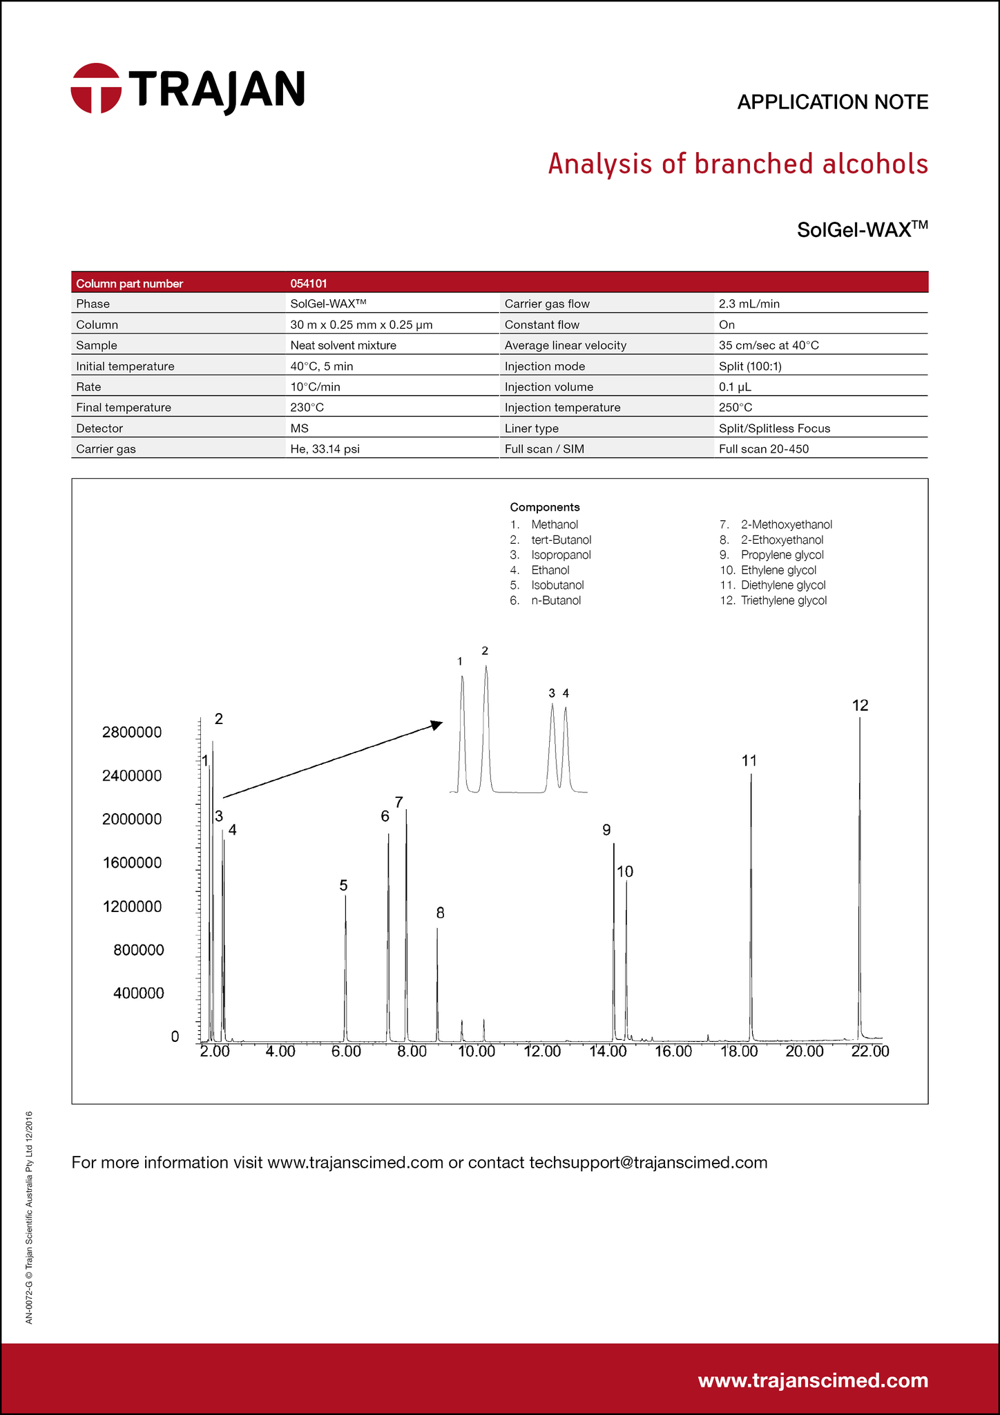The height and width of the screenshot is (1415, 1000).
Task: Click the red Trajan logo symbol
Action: tap(96, 88)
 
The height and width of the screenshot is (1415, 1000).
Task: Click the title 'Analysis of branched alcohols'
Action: tap(738, 164)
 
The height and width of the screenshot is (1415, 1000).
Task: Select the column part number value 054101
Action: tap(309, 283)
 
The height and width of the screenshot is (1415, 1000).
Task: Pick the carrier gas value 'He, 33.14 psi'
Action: tap(325, 449)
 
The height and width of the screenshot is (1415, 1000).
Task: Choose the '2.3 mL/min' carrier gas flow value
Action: tap(749, 304)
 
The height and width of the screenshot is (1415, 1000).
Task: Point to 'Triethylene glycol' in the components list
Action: tap(783, 600)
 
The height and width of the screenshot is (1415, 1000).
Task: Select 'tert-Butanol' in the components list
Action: tap(561, 540)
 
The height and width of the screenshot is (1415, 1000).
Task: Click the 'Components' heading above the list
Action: tap(545, 507)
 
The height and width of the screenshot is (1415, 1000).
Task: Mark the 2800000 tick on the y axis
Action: tap(132, 732)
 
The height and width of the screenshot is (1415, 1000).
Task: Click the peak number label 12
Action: tap(860, 705)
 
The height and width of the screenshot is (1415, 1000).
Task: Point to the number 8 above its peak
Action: tap(440, 913)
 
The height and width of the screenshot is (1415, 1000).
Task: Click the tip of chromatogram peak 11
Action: tap(751, 776)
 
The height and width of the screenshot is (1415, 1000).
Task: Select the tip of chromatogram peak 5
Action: tap(345, 896)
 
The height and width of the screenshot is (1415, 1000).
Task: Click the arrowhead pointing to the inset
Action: tap(436, 724)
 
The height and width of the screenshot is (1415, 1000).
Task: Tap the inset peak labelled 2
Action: tap(486, 667)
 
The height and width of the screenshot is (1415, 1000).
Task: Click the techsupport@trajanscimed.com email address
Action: tap(648, 1162)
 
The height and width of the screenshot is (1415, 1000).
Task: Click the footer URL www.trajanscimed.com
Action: tap(813, 1380)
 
